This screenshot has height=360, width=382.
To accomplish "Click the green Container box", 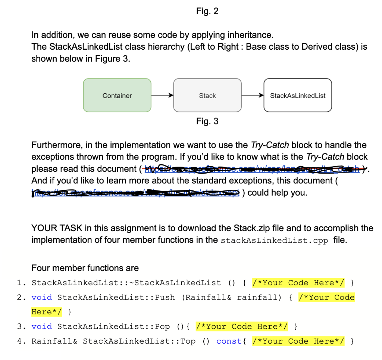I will point(117,96).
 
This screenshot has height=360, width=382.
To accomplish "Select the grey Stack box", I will point(207,96).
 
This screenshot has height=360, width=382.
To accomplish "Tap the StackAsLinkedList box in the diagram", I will point(297,96).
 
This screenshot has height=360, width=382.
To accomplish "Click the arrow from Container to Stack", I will point(162,96).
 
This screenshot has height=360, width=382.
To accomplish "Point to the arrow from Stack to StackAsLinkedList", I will point(252,96).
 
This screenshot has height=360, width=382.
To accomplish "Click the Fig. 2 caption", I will point(207,11).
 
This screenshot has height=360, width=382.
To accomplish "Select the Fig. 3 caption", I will point(207,121).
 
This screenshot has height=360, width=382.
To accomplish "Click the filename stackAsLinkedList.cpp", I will point(275,240).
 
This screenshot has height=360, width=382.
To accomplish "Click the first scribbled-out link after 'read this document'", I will point(254,169).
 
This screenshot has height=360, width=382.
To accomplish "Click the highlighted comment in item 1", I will point(298,283).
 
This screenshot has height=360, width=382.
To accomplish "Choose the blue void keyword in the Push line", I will point(41,298).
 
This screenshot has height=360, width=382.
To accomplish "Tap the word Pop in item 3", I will point(162,327).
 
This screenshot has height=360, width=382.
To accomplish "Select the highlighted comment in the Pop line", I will point(242,327).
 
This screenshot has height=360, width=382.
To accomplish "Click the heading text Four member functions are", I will point(85,268).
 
